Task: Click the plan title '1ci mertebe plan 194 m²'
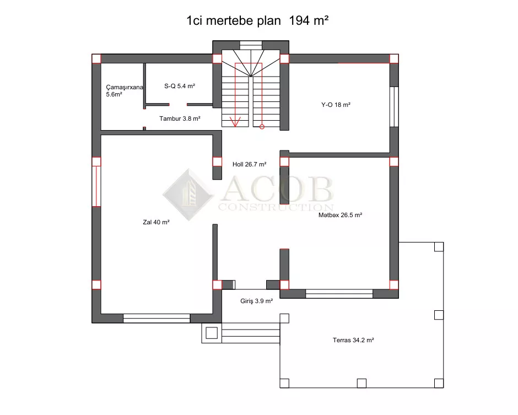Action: pos(257,20)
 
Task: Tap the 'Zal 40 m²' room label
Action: pos(157,222)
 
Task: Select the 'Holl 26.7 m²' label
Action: pos(250,164)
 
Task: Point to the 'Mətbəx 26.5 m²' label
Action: pos(340,215)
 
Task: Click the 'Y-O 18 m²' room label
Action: pos(336,105)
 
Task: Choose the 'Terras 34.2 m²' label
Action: pos(353,340)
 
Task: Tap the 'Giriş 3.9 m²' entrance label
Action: pos(256,301)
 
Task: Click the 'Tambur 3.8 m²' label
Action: pos(180,118)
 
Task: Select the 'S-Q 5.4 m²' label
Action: pos(180,86)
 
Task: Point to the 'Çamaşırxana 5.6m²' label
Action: pos(124,91)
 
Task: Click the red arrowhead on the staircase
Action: pos(235,122)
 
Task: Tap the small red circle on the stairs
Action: pos(262,127)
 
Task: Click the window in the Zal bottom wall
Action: pos(157,318)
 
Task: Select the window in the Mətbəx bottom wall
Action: pos(339,294)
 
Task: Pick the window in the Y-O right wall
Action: pos(394,107)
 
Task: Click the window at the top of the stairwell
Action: pos(251,45)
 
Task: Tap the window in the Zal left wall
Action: pos(96,186)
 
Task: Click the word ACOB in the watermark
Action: pos(277,188)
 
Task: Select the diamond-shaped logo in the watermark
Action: pos(188,195)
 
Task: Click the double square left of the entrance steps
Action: pos(212,333)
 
